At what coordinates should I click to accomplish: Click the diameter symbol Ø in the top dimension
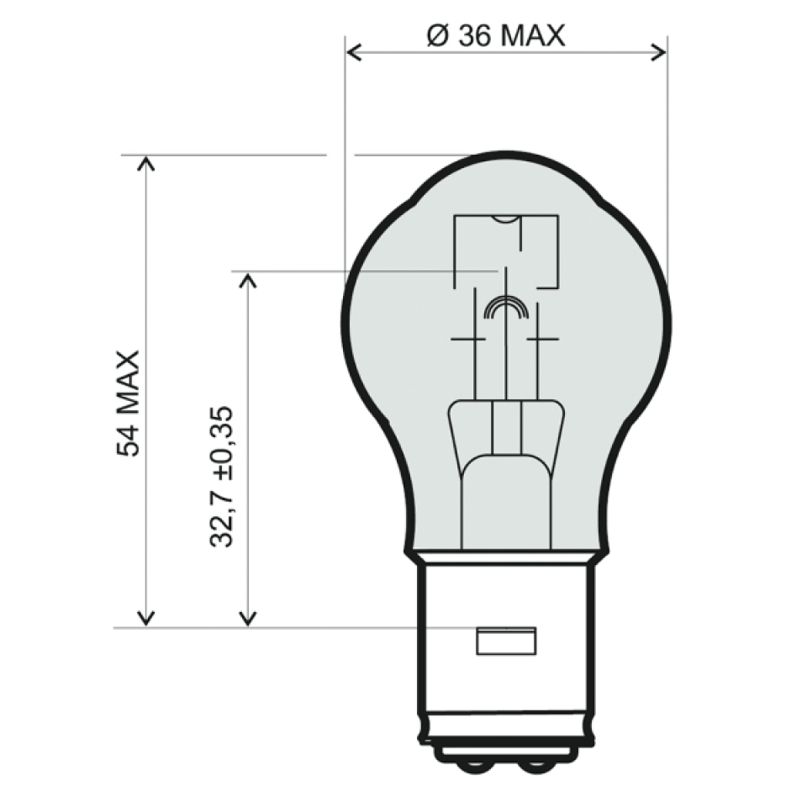(437, 36)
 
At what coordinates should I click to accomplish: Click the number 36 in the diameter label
(477, 36)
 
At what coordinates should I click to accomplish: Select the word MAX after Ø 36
(534, 36)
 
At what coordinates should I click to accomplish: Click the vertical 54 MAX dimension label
(129, 403)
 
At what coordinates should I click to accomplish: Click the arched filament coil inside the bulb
(505, 309)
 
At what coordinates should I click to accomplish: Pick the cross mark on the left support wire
(469, 339)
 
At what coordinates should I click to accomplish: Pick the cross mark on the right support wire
(542, 339)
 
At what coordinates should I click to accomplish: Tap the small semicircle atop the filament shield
(505, 219)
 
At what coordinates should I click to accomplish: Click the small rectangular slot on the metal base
(505, 641)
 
